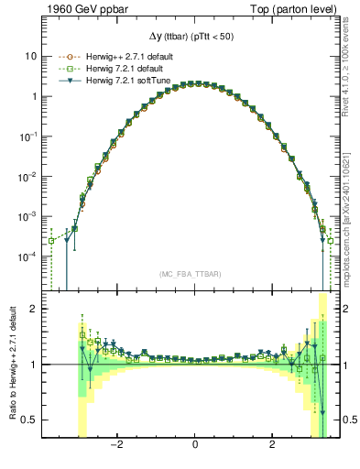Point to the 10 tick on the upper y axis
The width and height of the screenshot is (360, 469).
click(x=31, y=56)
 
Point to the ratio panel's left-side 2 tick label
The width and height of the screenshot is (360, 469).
click(x=34, y=309)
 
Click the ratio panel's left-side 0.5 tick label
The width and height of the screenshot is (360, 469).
click(x=30, y=420)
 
